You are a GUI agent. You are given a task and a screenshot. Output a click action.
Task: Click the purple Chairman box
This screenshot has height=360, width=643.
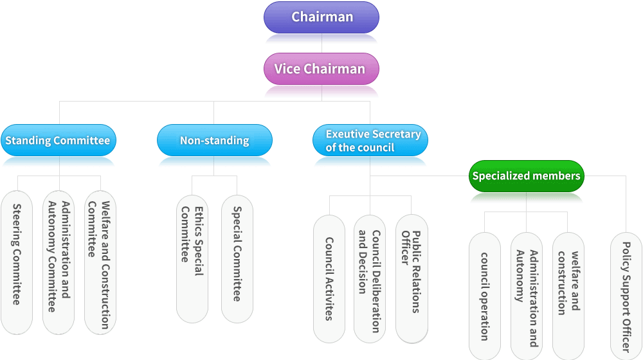[321, 17]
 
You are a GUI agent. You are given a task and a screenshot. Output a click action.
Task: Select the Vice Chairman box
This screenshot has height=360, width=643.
[321, 69]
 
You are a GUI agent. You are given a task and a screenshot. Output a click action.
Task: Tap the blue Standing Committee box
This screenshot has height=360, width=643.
[58, 140]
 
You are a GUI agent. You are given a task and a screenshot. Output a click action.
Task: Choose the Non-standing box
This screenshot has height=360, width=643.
[214, 140]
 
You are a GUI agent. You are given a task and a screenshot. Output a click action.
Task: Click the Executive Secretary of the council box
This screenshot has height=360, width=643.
[370, 140]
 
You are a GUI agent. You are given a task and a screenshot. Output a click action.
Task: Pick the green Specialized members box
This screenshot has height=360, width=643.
[526, 175]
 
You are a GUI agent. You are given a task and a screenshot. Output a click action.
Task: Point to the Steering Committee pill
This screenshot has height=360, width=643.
[17, 262]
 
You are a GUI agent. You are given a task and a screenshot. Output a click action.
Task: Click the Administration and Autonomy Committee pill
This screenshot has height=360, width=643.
[59, 262]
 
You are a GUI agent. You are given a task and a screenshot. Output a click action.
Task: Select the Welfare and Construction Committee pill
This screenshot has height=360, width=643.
[100, 262]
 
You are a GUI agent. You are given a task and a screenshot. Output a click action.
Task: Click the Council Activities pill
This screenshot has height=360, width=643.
[329, 278]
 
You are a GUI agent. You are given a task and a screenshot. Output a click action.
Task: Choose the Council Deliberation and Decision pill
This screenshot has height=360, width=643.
[370, 278]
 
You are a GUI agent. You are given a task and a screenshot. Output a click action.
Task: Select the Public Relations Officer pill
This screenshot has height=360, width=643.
[412, 278]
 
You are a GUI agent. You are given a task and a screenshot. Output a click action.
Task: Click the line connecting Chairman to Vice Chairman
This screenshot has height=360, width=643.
[321, 43]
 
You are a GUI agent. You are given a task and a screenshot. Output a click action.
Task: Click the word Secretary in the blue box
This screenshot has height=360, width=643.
[397, 134]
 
